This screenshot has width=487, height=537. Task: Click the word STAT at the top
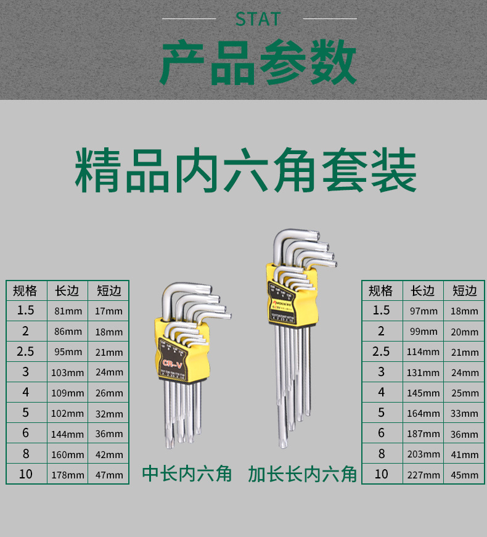(258, 19)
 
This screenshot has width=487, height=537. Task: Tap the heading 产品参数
(258, 64)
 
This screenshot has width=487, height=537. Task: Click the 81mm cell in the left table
(67, 311)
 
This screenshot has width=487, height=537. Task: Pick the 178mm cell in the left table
(67, 475)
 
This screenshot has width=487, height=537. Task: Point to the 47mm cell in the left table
(109, 475)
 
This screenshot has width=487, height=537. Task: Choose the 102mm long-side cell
(67, 414)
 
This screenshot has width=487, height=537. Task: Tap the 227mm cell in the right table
(424, 475)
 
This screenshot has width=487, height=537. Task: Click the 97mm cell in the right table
(424, 311)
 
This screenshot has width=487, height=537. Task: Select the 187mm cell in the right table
(424, 434)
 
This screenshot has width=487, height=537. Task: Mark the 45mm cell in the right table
(464, 475)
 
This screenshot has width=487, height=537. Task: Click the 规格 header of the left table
(25, 290)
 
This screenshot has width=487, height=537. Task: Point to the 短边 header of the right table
(464, 290)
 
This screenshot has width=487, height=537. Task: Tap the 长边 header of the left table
(67, 290)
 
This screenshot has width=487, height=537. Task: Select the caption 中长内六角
(187, 473)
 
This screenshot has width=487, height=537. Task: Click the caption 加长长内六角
(303, 473)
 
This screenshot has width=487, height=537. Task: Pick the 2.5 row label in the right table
(381, 351)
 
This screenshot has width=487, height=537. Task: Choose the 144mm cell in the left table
(67, 434)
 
